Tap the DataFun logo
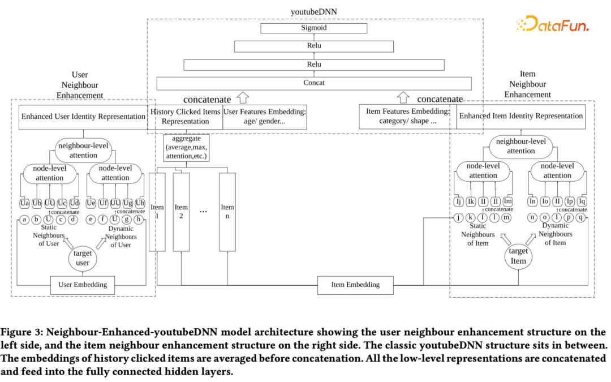(x=552, y=24)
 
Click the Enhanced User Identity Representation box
(x=83, y=117)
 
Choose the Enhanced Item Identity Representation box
(x=520, y=117)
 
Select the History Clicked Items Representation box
(x=185, y=117)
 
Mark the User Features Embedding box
(x=265, y=117)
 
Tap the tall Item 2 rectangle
(x=180, y=212)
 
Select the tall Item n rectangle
(x=227, y=212)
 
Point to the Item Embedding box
(x=355, y=285)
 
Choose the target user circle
(x=83, y=257)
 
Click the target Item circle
(x=518, y=256)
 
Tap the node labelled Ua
(x=25, y=203)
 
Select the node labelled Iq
(x=582, y=201)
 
